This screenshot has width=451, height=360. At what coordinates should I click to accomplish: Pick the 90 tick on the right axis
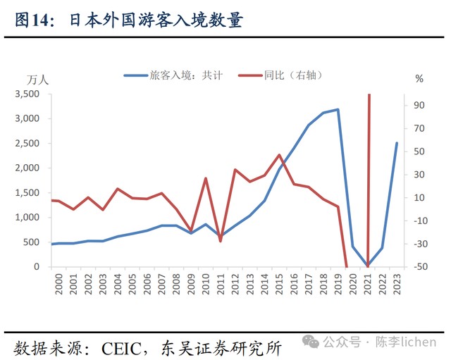(420, 105)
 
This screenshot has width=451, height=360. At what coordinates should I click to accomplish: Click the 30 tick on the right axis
(420, 175)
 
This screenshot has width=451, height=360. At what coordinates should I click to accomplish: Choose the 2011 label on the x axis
(219, 287)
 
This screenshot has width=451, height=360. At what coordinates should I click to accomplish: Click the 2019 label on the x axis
(338, 287)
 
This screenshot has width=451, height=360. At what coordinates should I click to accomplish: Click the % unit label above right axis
(419, 79)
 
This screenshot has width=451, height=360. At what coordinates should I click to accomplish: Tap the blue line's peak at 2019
(338, 109)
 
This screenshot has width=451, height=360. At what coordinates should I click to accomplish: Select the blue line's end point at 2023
(397, 143)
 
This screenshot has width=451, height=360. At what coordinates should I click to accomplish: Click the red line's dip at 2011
(220, 241)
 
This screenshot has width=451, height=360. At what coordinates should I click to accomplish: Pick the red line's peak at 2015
(279, 155)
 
